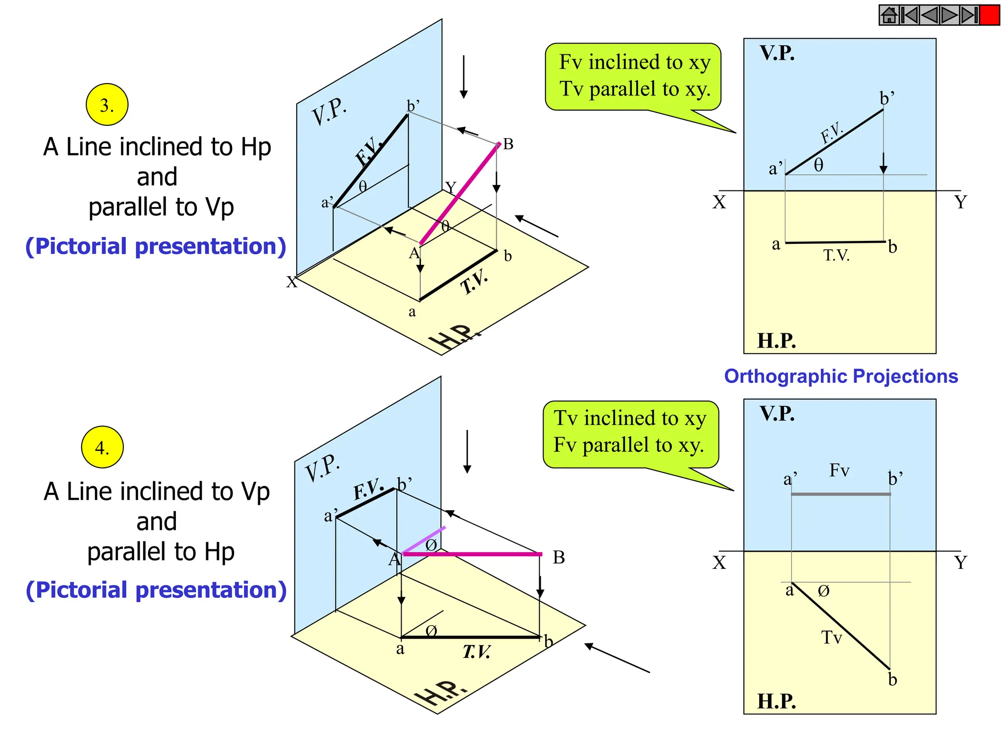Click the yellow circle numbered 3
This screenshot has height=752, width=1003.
(x=107, y=104)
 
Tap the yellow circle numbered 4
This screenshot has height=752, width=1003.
(x=102, y=447)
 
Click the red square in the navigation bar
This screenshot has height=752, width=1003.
(x=990, y=15)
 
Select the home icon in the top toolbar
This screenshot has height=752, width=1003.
(x=889, y=15)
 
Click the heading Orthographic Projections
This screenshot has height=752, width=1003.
(x=841, y=376)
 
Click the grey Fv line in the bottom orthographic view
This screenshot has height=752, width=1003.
(x=840, y=494)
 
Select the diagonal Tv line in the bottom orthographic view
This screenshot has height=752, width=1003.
(x=840, y=626)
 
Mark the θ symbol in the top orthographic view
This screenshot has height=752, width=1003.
(x=819, y=165)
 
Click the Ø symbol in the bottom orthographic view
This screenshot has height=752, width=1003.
(x=824, y=591)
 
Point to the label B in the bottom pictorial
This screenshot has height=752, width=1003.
(x=559, y=558)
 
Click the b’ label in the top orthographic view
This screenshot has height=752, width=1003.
(x=887, y=98)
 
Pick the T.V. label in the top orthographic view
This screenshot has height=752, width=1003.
(x=836, y=255)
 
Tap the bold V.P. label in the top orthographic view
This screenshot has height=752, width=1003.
(x=777, y=53)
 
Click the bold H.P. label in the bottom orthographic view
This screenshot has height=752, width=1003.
(x=777, y=701)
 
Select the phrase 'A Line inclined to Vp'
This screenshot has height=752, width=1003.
(x=157, y=491)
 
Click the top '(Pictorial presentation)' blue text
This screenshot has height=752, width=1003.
(x=156, y=246)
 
